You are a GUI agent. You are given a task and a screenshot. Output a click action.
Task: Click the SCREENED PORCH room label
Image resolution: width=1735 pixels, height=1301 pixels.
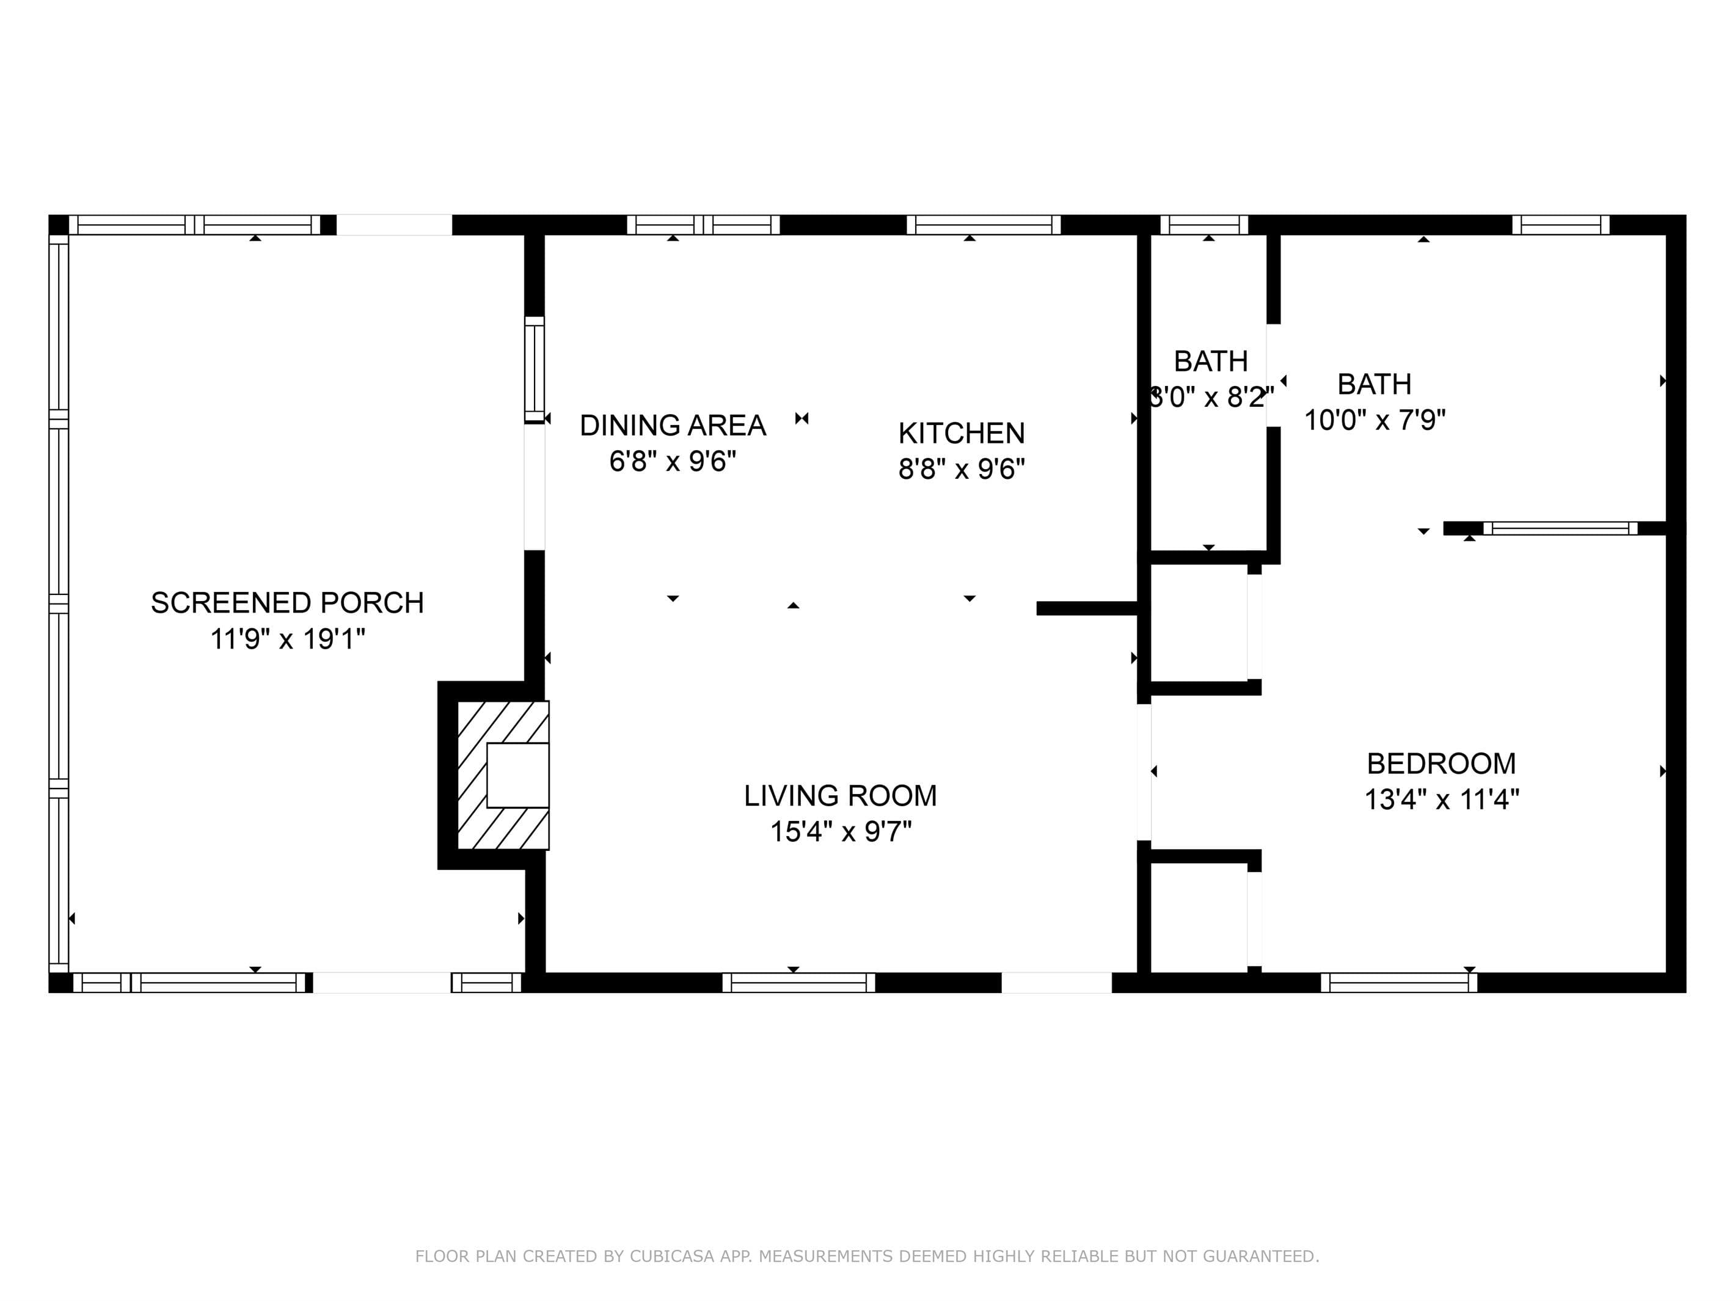pyautogui.click(x=287, y=603)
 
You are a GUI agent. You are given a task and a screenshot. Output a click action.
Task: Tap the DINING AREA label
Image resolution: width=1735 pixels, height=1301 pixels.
pyautogui.click(x=672, y=426)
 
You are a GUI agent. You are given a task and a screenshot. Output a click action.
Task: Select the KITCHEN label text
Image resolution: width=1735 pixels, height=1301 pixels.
pyautogui.click(x=961, y=434)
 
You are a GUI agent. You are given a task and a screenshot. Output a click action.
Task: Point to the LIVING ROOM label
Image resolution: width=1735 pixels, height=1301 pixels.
pyautogui.click(x=840, y=796)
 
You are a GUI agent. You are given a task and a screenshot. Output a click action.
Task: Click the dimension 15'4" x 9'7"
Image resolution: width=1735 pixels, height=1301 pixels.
pyautogui.click(x=840, y=832)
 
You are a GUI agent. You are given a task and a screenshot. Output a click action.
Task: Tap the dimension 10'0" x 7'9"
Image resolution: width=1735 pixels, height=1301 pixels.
pyautogui.click(x=1374, y=420)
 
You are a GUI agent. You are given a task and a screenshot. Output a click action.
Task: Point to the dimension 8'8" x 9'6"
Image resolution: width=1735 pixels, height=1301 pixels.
pyautogui.click(x=961, y=470)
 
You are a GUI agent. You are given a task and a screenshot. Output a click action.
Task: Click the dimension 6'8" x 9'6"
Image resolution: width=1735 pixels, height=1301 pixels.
pyautogui.click(x=672, y=462)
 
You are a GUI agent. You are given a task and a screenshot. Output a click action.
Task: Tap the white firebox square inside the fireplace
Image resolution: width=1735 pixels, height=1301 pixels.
pyautogui.click(x=517, y=774)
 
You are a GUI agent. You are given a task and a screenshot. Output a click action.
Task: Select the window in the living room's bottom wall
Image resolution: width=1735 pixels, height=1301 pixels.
pyautogui.click(x=798, y=983)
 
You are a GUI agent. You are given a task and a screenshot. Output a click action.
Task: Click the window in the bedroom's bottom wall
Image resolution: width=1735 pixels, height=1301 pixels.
pyautogui.click(x=1399, y=983)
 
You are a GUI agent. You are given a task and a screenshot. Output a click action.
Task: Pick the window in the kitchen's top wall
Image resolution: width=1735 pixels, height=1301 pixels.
pyautogui.click(x=984, y=225)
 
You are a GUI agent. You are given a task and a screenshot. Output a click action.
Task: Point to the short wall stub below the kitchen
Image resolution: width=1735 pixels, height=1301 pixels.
pyautogui.click(x=1087, y=608)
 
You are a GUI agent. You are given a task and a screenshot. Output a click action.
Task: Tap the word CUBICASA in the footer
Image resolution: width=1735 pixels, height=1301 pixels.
pyautogui.click(x=672, y=1256)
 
